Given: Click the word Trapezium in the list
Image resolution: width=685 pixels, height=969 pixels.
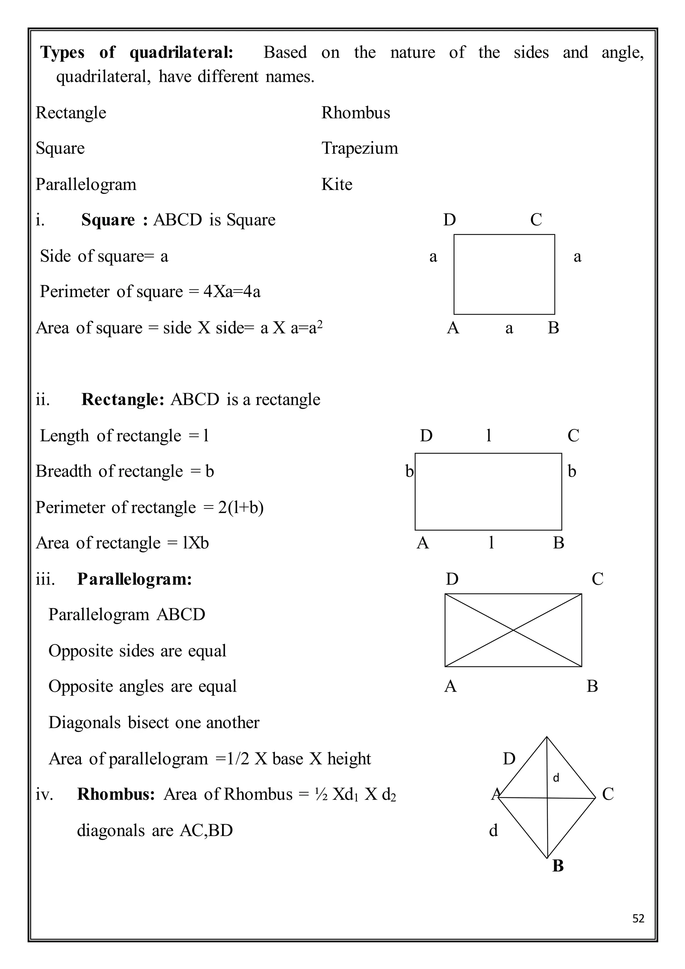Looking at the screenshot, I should pos(359,148).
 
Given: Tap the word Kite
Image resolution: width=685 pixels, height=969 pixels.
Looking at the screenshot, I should pos(336,184).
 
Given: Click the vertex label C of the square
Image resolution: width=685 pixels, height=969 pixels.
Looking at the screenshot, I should pos(536,220).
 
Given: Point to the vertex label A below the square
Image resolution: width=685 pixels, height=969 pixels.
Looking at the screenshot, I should pos(453,328).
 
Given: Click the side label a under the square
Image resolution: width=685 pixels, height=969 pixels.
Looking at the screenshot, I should pos(509,328).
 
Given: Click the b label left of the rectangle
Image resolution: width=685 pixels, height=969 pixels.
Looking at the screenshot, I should pos(409,471).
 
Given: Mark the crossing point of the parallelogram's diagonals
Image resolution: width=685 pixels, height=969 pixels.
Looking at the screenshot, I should pos(513,630).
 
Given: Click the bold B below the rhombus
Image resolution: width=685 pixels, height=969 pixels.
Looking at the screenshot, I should pos(558,866).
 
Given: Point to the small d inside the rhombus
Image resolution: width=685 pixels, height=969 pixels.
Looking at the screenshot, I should pos(556,778).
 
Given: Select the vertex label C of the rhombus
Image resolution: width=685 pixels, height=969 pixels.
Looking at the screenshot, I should pos(607,794).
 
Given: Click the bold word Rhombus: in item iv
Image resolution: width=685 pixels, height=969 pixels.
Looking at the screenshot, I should pos(116,794).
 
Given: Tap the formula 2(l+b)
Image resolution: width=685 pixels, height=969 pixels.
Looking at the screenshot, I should pos(240,507).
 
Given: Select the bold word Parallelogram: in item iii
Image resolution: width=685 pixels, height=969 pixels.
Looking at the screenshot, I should pos(134,579).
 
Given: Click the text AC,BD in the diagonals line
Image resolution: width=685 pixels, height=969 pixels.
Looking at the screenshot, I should pos(206,830).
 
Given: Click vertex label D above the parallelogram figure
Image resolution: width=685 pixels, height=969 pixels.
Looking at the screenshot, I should pos(452,579).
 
